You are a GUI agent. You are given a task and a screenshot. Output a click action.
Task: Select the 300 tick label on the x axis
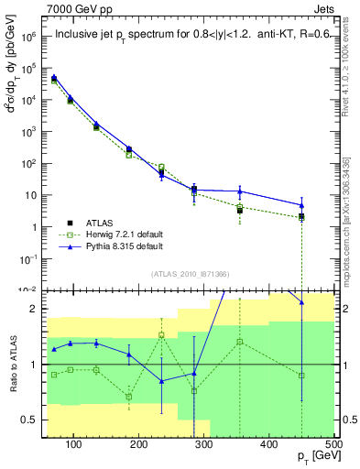click(204, 446)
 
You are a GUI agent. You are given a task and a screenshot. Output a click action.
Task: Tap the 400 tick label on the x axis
click(269, 446)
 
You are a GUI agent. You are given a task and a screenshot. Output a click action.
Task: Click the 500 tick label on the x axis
click(333, 446)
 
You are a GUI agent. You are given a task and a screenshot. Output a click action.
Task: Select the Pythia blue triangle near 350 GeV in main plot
click(240, 191)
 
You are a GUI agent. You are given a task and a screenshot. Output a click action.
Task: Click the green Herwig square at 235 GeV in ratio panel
click(161, 335)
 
